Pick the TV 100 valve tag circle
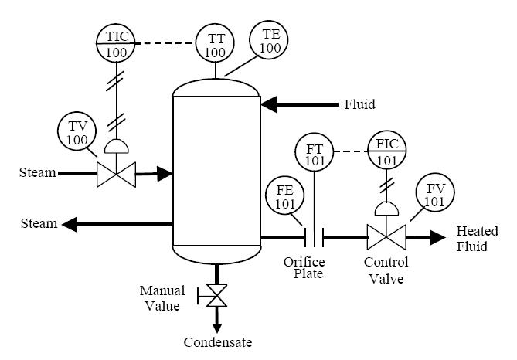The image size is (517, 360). point(77,132)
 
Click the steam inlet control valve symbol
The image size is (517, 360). point(116,174)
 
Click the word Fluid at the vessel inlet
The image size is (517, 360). point(360,104)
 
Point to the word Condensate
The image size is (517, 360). point(218,341)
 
